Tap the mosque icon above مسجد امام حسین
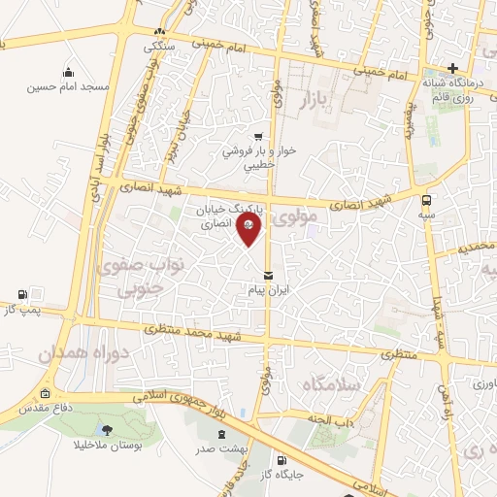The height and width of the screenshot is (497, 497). (69, 71)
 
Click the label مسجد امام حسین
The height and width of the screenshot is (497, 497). (70, 87)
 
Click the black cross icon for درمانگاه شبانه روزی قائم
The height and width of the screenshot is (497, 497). (452, 68)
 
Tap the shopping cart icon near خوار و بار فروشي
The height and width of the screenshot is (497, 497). (257, 137)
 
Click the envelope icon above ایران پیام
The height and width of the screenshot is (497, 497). (268, 277)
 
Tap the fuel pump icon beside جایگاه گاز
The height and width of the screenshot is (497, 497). (282, 460)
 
